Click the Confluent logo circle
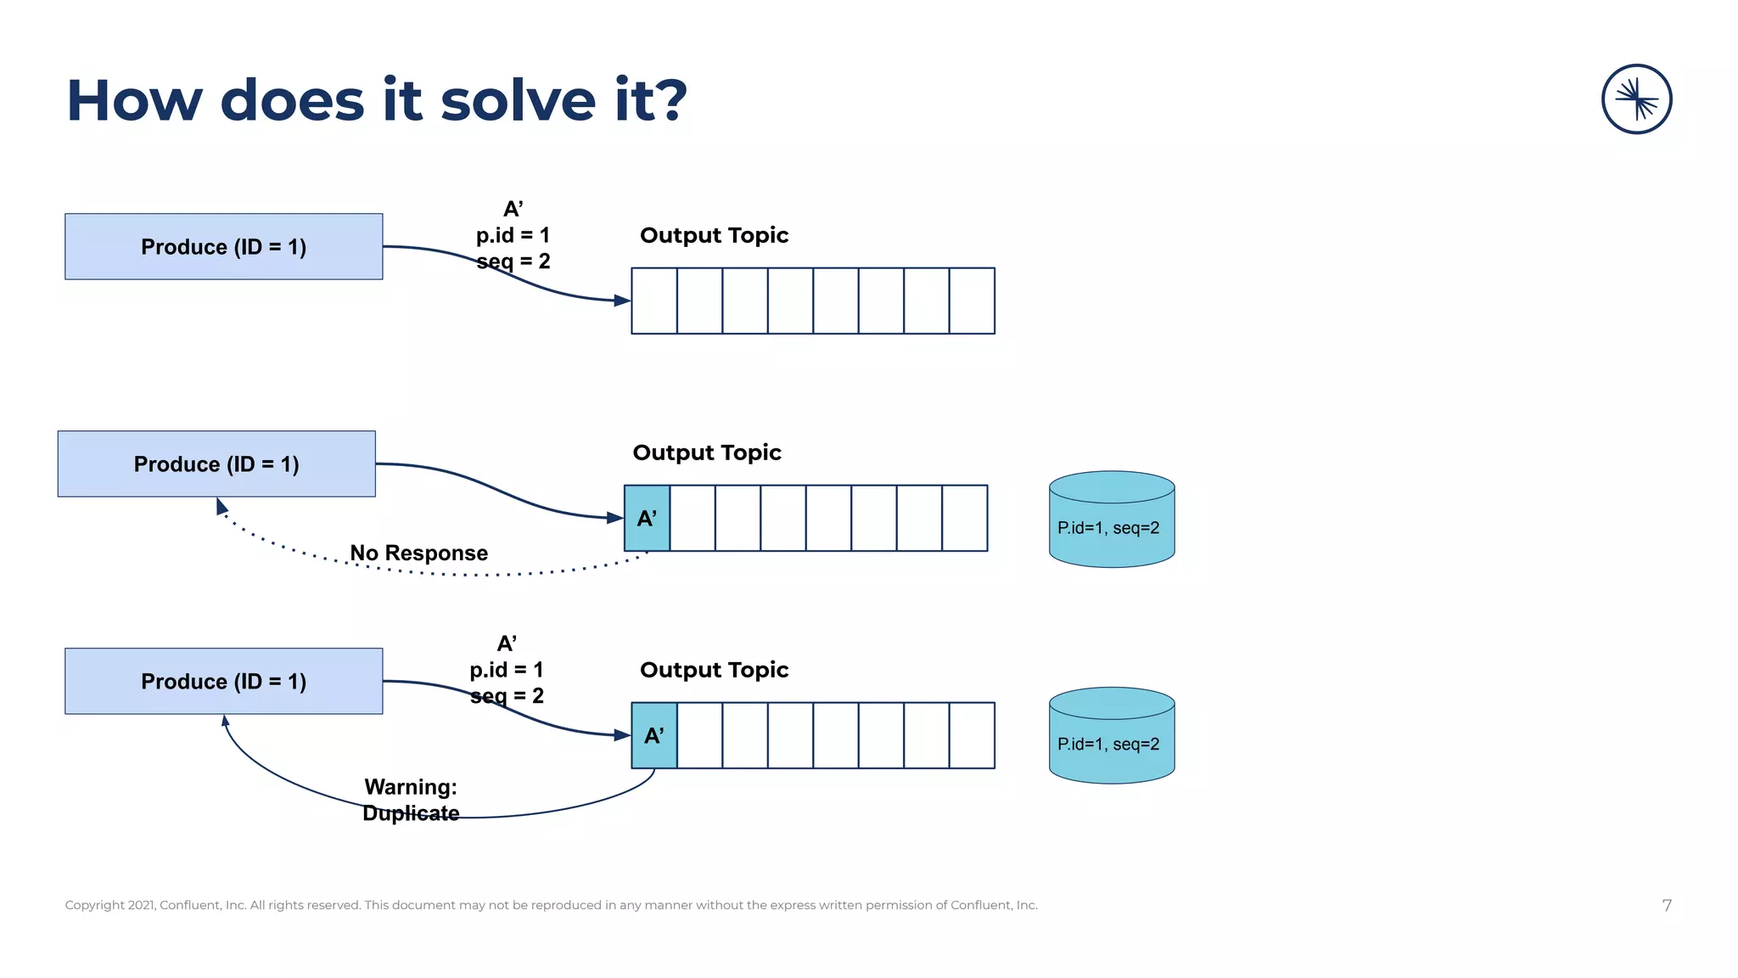pyautogui.click(x=1636, y=99)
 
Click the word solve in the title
pyautogui.click(x=517, y=101)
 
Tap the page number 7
pyautogui.click(x=1667, y=905)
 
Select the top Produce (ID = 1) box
pyautogui.click(x=223, y=246)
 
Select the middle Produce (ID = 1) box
pyautogui.click(x=216, y=464)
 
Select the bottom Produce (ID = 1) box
pyautogui.click(x=223, y=681)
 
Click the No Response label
pyautogui.click(x=419, y=553)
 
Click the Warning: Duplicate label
pyautogui.click(x=411, y=800)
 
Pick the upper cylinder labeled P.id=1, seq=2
pyautogui.click(x=1112, y=520)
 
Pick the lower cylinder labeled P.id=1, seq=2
pyautogui.click(x=1112, y=736)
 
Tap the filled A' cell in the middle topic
pyautogui.click(x=647, y=518)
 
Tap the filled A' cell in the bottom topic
pyautogui.click(x=653, y=735)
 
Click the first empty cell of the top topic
pyautogui.click(x=654, y=301)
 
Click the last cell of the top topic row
pyautogui.click(x=972, y=301)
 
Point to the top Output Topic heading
pyautogui.click(x=714, y=235)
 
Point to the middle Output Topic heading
pyautogui.click(x=707, y=452)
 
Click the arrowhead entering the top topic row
pyautogui.click(x=622, y=300)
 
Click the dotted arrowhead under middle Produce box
pyautogui.click(x=221, y=507)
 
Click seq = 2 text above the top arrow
pyautogui.click(x=513, y=261)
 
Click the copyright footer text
pyautogui.click(x=551, y=905)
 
